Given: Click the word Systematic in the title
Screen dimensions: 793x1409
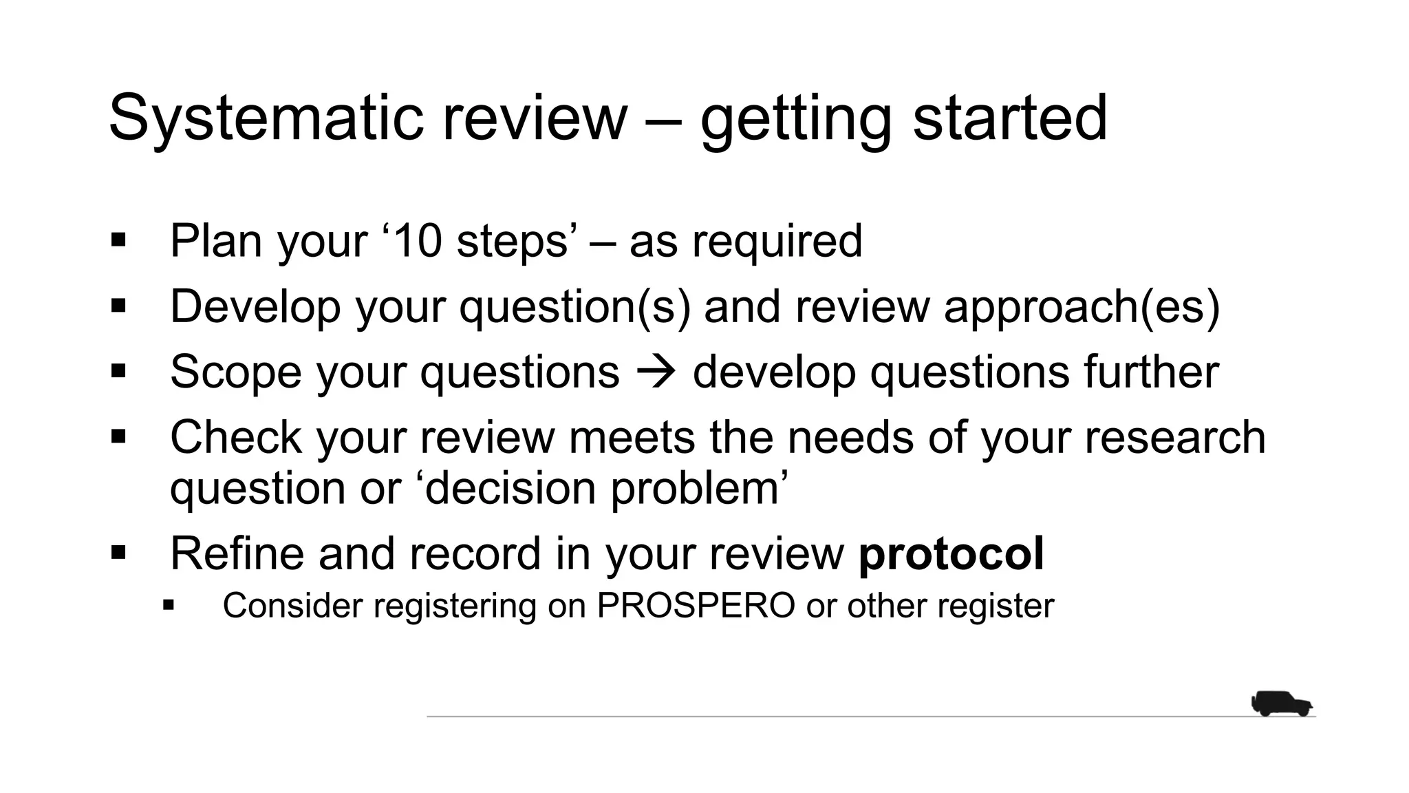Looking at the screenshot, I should coord(266,118).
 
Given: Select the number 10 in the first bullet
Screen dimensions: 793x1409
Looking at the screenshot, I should coord(418,241).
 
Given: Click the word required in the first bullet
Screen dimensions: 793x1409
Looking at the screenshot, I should coord(777,241).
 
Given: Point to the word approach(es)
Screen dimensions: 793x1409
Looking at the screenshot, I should coord(1082,306).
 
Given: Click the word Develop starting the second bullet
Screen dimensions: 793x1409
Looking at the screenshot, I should coord(255,306).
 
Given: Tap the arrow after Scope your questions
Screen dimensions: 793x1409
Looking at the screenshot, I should coord(656,372).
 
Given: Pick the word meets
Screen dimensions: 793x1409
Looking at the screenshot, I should coord(632,437).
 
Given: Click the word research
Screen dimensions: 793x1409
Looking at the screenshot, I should coord(1175,437).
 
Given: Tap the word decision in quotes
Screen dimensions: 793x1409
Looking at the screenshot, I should coord(511,488).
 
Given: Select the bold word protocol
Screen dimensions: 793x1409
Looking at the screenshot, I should coord(951,553).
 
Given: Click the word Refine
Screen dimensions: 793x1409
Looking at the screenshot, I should coord(237,553).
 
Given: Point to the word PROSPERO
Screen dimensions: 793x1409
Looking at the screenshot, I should coord(696,606).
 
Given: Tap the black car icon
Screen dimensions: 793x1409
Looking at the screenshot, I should coord(1281,704).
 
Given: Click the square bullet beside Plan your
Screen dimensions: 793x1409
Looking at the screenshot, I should coord(118,240).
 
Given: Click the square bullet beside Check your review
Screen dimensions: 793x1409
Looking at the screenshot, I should coord(118,436).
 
